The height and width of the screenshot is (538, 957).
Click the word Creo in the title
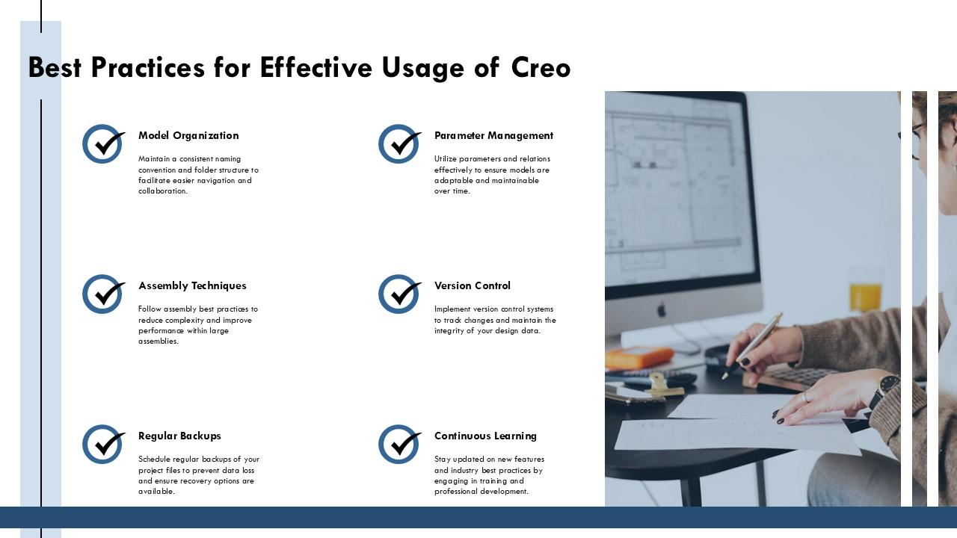coord(541,68)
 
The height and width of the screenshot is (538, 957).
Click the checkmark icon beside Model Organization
coord(102,144)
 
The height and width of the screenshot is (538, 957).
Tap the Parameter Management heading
coord(493,136)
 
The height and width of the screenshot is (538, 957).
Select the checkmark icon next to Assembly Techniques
coord(102,294)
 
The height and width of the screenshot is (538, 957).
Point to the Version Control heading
coord(472,286)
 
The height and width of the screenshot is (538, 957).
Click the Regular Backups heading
coord(179,436)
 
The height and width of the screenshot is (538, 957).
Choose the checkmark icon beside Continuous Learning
coord(399,445)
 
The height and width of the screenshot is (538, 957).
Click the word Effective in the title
coord(316,68)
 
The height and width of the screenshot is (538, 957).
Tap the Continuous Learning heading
coord(485,436)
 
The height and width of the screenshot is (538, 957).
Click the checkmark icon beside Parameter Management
coord(399,144)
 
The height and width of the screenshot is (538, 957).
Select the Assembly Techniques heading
coord(192,286)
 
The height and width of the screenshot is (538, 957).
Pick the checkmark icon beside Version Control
coord(399,294)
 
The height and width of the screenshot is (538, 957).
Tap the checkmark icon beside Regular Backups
coord(102,445)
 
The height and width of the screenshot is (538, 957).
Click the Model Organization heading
coord(188,136)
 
